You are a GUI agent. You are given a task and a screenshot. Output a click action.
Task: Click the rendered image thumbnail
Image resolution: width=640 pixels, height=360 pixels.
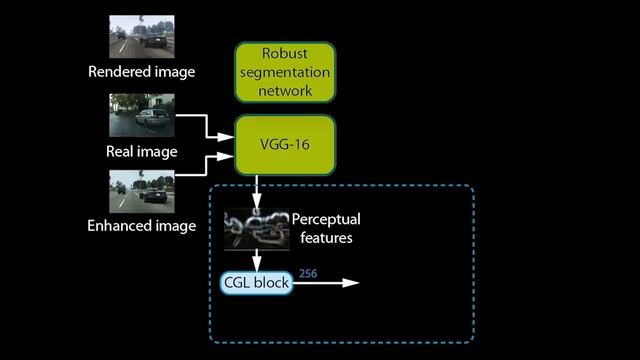(x=141, y=36)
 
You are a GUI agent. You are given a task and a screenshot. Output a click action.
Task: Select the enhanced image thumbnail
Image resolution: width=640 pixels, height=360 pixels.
(x=141, y=191)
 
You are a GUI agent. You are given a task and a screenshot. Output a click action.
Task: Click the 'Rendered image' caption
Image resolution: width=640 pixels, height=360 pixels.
(x=141, y=72)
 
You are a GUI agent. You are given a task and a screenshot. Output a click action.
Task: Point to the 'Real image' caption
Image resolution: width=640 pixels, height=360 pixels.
(x=141, y=152)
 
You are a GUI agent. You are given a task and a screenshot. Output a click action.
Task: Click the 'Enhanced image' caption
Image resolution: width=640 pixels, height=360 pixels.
(x=141, y=227)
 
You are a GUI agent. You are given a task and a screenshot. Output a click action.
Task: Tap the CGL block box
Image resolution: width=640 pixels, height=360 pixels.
(x=256, y=283)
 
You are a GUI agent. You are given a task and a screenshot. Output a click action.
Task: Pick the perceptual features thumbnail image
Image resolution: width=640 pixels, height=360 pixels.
(x=256, y=228)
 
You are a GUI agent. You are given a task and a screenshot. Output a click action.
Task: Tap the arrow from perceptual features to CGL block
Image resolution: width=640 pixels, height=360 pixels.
(x=256, y=259)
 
